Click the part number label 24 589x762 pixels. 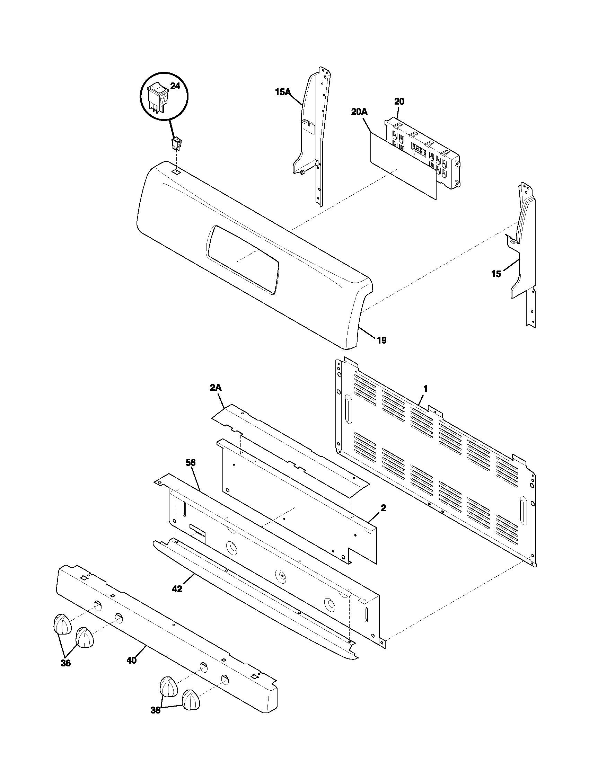tap(175, 86)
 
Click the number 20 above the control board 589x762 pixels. tap(399, 101)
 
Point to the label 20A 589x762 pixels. tap(359, 112)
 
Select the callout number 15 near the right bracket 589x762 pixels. tap(496, 274)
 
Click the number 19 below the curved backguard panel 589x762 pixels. tap(382, 340)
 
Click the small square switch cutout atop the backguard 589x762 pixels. tap(177, 172)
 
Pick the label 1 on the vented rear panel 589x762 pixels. tap(425, 388)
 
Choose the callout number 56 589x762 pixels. tap(191, 463)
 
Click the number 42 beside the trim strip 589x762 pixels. tap(177, 589)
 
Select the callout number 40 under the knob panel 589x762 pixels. tap(132, 661)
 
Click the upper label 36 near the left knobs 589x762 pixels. tap(65, 663)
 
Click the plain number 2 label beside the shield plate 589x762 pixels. tap(383, 508)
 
